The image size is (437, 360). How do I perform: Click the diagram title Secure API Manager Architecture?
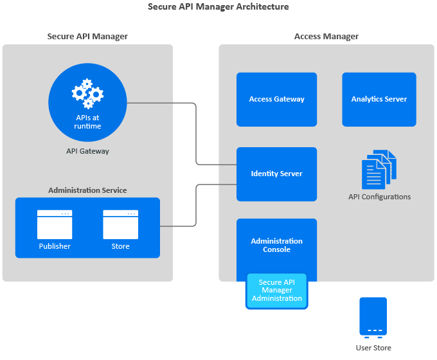point(219,7)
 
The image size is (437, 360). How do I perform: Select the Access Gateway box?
point(276,99)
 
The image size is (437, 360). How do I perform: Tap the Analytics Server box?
point(379,99)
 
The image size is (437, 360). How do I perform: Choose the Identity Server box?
point(276,174)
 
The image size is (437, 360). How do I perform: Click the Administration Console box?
point(276,245)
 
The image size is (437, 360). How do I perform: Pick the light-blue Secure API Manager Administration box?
point(276,291)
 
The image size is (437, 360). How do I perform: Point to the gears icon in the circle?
point(87,94)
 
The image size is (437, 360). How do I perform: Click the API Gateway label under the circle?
point(87,152)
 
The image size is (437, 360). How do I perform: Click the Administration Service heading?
point(87,190)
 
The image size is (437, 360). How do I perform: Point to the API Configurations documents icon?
point(379,169)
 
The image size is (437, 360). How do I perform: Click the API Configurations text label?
point(379,197)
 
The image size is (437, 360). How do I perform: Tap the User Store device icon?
point(373,316)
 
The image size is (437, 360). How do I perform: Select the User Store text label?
point(373,348)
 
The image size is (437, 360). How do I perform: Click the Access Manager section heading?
point(326,37)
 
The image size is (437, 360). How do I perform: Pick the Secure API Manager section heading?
point(87,37)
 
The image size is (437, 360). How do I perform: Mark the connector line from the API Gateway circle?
point(195,135)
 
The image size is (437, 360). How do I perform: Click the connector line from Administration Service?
point(195,206)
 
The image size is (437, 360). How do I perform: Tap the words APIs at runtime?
point(87,122)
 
